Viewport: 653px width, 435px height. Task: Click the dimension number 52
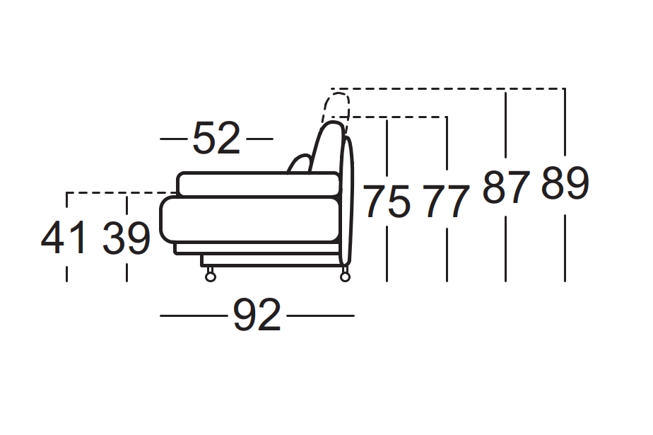(216, 139)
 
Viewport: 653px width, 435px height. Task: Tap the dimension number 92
(257, 315)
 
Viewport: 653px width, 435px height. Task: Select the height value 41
(64, 238)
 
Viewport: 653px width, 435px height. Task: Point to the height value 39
(126, 238)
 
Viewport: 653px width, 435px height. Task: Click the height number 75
(387, 202)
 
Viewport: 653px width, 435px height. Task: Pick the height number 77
(447, 202)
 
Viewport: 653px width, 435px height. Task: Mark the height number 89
(565, 184)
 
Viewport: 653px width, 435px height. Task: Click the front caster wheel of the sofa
(210, 276)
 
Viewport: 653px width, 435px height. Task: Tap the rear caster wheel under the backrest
(345, 275)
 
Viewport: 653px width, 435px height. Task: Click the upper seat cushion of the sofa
(258, 183)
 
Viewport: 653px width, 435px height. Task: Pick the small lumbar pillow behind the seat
(300, 164)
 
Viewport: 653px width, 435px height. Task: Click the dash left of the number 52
(172, 139)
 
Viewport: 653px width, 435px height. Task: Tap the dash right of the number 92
(320, 315)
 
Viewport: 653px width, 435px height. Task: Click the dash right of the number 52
(259, 139)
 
